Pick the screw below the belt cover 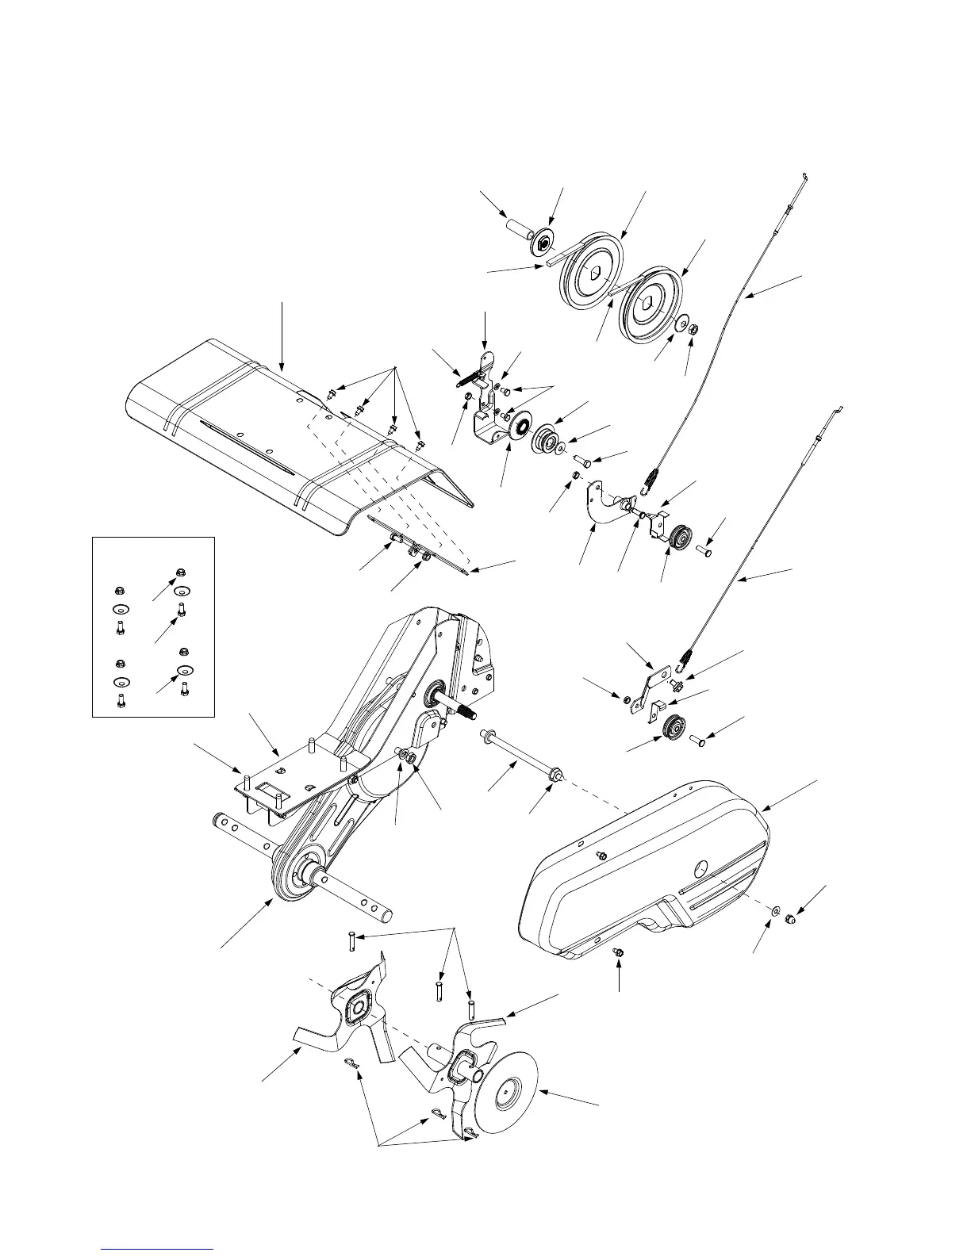pyautogui.click(x=620, y=952)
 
